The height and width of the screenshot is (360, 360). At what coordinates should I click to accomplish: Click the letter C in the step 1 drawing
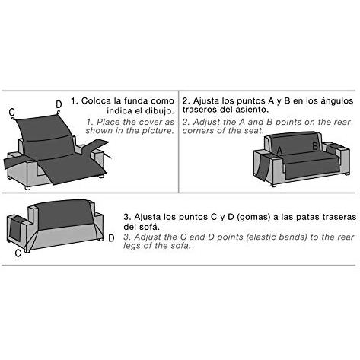(11, 112)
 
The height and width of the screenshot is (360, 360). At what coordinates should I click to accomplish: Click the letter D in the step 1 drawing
(59, 104)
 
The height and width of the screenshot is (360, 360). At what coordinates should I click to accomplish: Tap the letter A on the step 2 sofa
(279, 150)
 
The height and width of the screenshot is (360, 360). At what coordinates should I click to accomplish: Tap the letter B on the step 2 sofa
(315, 146)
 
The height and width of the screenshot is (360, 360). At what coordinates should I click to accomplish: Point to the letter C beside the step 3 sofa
(18, 253)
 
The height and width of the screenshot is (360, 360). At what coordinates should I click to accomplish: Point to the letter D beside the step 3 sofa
(111, 238)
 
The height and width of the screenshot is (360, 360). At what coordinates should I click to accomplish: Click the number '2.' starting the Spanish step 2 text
(186, 100)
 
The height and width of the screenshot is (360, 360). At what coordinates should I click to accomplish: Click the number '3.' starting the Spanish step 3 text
(127, 217)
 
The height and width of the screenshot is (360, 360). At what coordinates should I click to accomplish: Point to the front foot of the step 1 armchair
(27, 188)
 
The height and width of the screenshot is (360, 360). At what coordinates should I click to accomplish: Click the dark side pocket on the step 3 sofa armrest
(15, 230)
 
